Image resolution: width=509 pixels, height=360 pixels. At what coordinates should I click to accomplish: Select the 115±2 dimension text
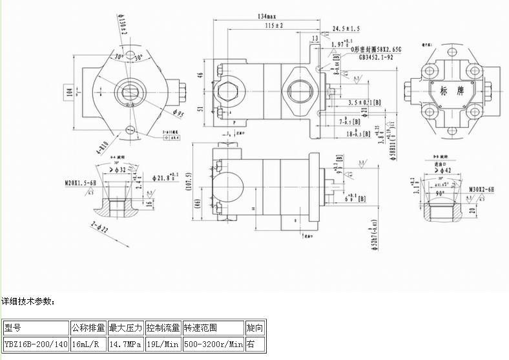[x=274, y=25]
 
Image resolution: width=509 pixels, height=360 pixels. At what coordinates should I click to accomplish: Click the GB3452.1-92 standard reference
[x=379, y=57]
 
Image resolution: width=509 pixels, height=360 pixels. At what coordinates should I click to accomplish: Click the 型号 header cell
[x=14, y=328]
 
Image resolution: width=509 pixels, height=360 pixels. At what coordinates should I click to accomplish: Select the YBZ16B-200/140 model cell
[x=36, y=344]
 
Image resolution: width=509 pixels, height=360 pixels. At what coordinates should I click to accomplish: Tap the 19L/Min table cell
[x=163, y=344]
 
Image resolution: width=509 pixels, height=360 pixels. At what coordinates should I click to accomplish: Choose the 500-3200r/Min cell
[x=213, y=344]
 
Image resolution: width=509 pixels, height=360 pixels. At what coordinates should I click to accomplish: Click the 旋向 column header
[x=255, y=328]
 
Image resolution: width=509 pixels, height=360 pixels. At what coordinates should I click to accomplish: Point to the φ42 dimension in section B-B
[x=445, y=171]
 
